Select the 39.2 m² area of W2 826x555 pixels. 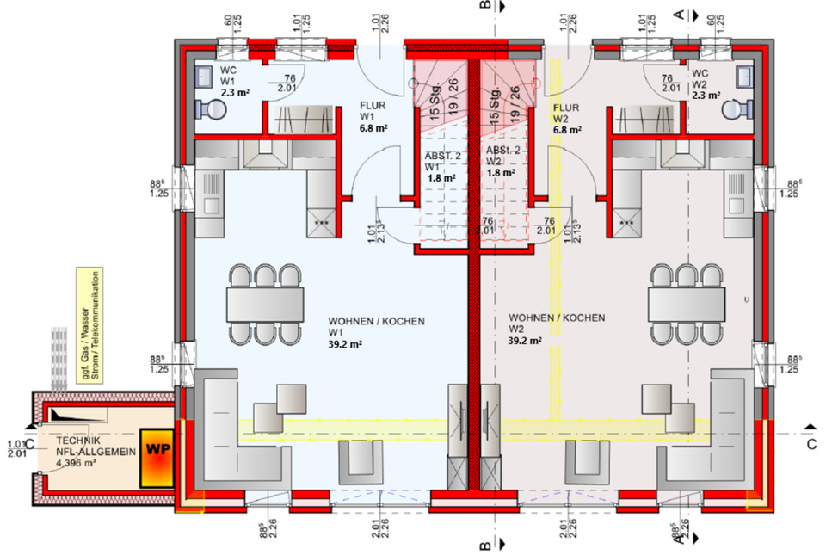tap(525, 341)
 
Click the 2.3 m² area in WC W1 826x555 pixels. tap(235, 91)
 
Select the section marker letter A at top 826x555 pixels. tap(679, 14)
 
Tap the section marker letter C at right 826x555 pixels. tap(811, 444)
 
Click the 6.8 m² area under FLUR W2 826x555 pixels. tap(567, 131)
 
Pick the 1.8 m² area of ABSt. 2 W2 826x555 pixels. tap(502, 172)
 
